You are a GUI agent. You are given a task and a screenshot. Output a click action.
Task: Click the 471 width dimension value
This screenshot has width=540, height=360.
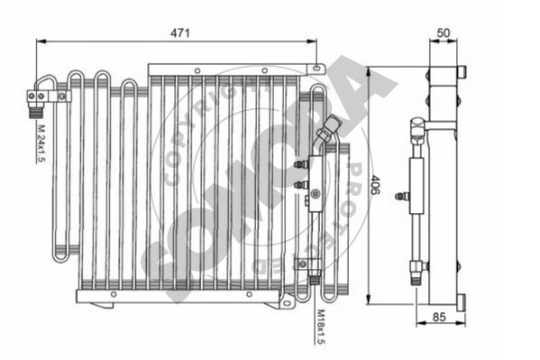coord(180,33)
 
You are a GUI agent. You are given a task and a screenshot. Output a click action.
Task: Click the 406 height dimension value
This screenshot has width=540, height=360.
coord(375,185)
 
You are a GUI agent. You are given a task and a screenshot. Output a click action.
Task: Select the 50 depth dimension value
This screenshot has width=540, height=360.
coord(444,33)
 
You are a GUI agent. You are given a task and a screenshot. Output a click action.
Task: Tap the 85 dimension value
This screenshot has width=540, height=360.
coord(439,317)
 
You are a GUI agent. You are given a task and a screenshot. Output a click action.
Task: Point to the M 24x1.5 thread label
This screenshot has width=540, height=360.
coord(41,143)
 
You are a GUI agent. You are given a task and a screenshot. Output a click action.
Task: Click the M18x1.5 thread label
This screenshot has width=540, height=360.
coord(321,327)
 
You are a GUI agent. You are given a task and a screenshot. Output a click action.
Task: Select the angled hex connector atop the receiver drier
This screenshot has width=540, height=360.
coord(328,128)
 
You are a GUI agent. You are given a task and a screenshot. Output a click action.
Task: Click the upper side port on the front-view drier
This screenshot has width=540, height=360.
coord(301,164)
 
